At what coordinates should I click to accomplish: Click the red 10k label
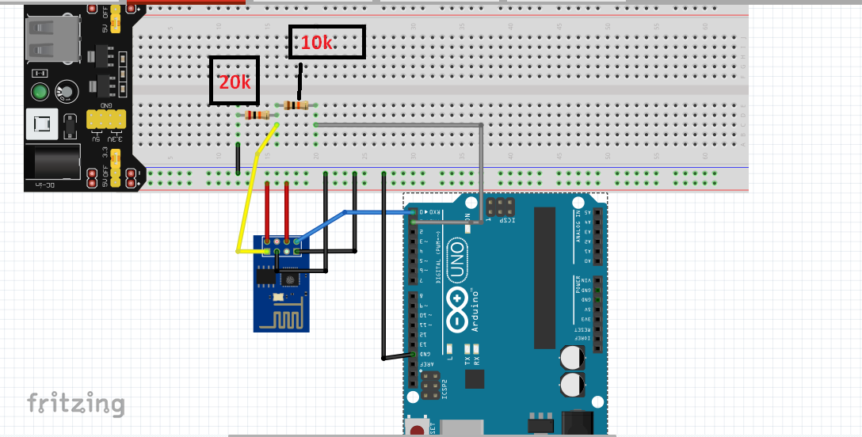[317, 44]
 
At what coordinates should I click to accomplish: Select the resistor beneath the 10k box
[296, 105]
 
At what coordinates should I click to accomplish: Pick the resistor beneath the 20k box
[257, 115]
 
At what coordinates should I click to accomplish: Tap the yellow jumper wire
[247, 206]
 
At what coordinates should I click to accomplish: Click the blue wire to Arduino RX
[372, 212]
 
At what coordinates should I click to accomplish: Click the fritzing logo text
[76, 403]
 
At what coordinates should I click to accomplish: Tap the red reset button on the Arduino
[415, 430]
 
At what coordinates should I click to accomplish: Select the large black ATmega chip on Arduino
[544, 277]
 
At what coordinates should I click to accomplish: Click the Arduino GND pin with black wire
[413, 355]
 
